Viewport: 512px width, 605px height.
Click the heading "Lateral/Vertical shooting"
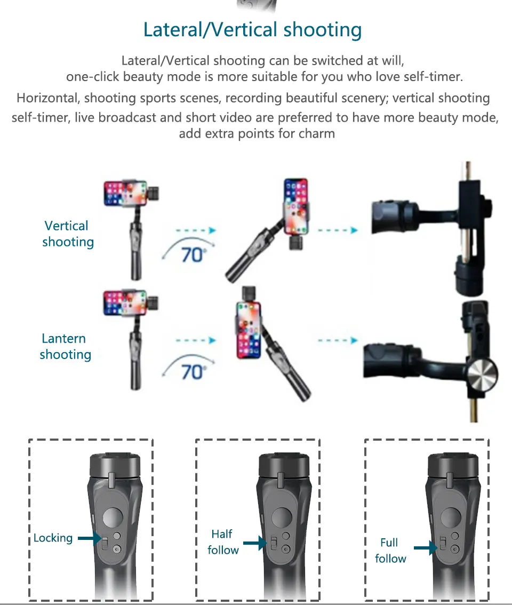pyautogui.click(x=252, y=30)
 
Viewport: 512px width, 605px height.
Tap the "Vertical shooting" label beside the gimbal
pyautogui.click(x=67, y=234)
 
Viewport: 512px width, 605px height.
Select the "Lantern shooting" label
pyautogui.click(x=65, y=346)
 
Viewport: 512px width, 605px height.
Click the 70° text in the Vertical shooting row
pyautogui.click(x=193, y=254)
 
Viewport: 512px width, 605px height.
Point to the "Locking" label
pyautogui.click(x=53, y=538)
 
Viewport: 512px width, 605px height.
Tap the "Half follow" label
pyautogui.click(x=223, y=542)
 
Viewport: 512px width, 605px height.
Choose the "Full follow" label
pyautogui.click(x=390, y=551)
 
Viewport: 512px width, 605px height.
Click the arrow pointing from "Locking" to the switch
pyautogui.click(x=90, y=539)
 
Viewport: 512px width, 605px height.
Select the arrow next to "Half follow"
pyautogui.click(x=255, y=543)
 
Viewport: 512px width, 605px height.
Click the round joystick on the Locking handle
pyautogui.click(x=111, y=517)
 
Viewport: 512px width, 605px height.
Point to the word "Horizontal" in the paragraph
pyautogui.click(x=48, y=98)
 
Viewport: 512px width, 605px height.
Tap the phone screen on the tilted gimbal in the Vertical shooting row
pyautogui.click(x=296, y=206)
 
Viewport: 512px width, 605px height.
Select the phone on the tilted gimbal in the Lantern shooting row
pyautogui.click(x=249, y=330)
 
